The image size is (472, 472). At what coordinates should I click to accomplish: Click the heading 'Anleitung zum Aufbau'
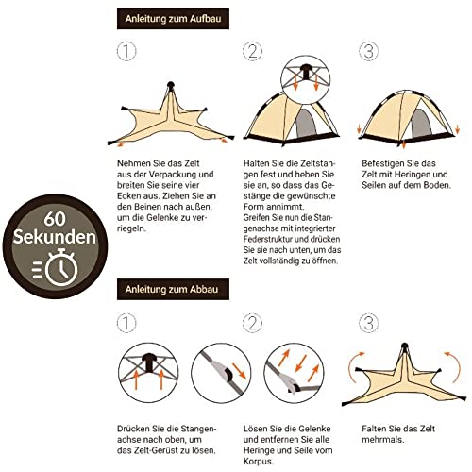pyautogui.click(x=173, y=19)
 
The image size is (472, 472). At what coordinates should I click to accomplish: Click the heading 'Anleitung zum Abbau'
pyautogui.click(x=172, y=289)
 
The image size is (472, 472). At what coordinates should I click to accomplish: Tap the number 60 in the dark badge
pyautogui.click(x=55, y=219)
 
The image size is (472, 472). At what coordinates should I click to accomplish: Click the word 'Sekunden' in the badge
pyautogui.click(x=55, y=237)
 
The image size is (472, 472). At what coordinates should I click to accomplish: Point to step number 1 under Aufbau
pyautogui.click(x=126, y=51)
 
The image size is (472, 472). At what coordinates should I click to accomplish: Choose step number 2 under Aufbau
pyautogui.click(x=252, y=51)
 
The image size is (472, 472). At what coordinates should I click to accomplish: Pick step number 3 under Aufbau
pyautogui.click(x=368, y=51)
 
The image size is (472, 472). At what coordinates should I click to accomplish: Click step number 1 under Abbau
pyautogui.click(x=126, y=323)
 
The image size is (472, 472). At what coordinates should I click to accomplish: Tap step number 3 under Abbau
pyautogui.click(x=368, y=323)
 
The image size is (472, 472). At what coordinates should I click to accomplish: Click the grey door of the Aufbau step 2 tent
pyautogui.click(x=306, y=124)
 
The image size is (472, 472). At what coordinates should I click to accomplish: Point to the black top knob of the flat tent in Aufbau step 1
pyautogui.click(x=170, y=85)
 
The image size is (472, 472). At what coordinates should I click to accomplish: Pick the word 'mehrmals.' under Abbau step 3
pyautogui.click(x=382, y=440)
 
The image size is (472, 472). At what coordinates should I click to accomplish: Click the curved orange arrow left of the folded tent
pyautogui.click(x=353, y=366)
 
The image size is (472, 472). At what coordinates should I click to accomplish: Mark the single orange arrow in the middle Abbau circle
pyautogui.click(x=240, y=371)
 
